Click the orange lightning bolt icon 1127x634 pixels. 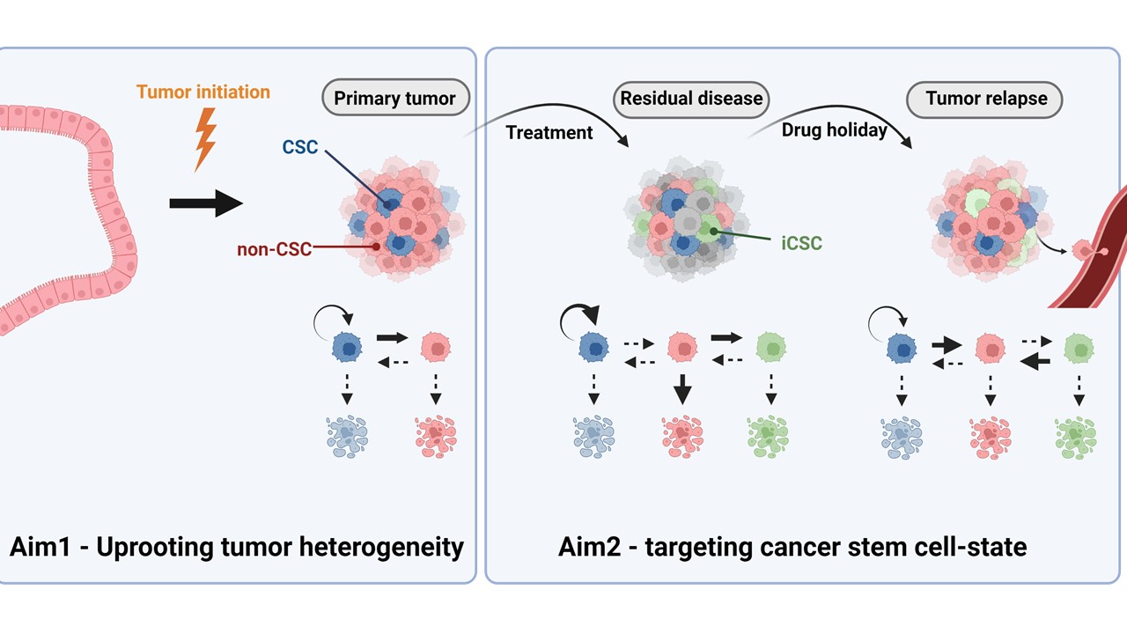(205, 139)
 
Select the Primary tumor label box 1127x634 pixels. (394, 98)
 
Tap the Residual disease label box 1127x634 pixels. (691, 98)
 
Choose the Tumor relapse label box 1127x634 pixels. (984, 98)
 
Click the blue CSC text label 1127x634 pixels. (300, 147)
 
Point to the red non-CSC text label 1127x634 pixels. (274, 249)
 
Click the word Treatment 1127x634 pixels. (549, 133)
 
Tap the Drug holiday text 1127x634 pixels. (834, 130)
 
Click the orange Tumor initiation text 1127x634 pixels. (203, 92)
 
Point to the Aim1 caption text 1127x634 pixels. (237, 547)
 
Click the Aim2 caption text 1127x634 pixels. (792, 547)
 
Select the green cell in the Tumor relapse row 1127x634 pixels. (1079, 348)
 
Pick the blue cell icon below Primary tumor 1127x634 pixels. (349, 347)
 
